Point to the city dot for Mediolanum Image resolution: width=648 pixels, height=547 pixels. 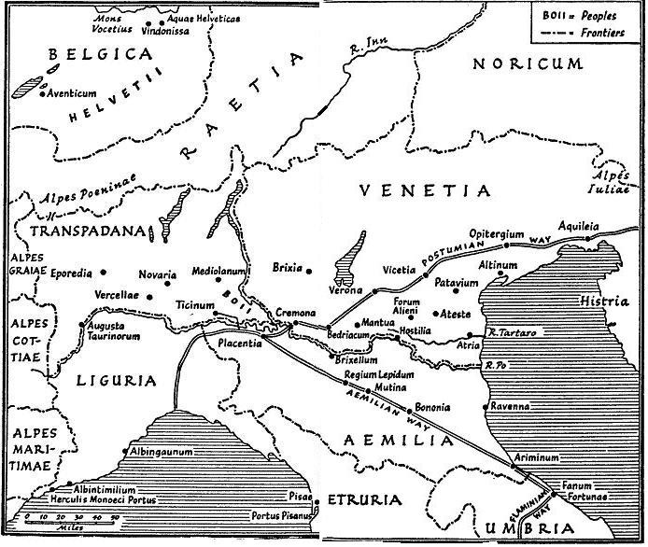pyautogui.click(x=218, y=279)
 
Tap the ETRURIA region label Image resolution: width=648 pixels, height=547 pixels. pyautogui.click(x=365, y=500)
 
